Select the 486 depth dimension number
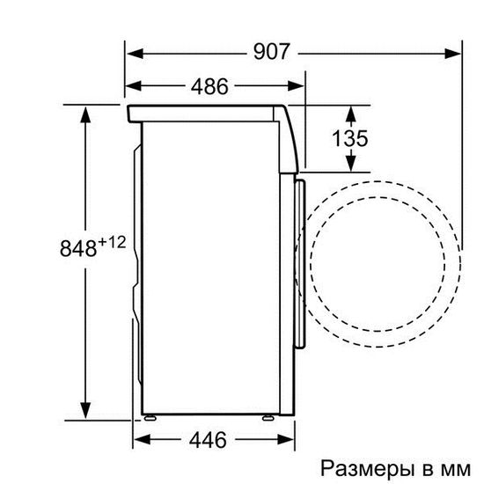coord(209,86)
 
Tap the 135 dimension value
coord(351,139)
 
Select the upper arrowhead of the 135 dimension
coord(351,111)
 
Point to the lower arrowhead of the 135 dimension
coord(351,165)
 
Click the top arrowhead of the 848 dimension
coord(85,113)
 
